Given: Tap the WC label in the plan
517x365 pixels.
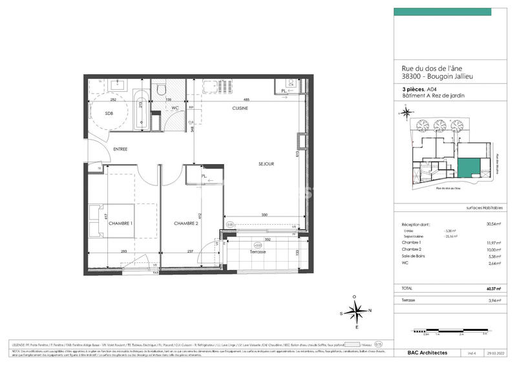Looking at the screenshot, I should [x=174, y=108].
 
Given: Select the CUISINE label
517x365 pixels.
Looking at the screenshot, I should [x=240, y=109].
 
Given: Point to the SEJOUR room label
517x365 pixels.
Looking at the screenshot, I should [x=265, y=164].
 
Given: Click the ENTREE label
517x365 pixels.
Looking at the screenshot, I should [x=120, y=149].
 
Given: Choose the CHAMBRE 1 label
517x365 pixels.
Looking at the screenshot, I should [x=121, y=224].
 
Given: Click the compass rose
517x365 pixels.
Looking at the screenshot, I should [x=354, y=311].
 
